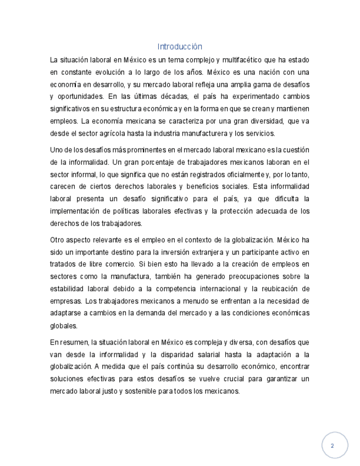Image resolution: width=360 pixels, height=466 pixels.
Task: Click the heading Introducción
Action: (180, 47)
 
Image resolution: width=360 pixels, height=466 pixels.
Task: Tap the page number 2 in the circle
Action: (332, 446)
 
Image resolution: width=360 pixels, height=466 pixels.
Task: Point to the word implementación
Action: (76, 211)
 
